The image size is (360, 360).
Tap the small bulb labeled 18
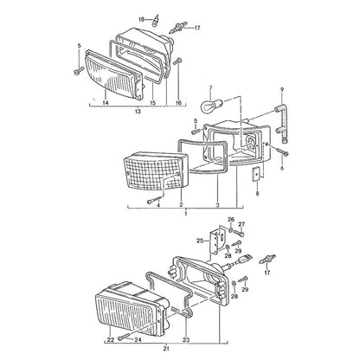(156, 20)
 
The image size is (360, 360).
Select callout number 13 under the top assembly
(138, 112)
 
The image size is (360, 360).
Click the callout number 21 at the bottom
(166, 349)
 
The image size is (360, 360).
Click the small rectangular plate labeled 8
(255, 175)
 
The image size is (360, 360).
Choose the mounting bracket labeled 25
(217, 241)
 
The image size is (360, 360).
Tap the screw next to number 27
(238, 232)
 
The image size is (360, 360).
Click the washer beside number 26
(231, 229)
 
